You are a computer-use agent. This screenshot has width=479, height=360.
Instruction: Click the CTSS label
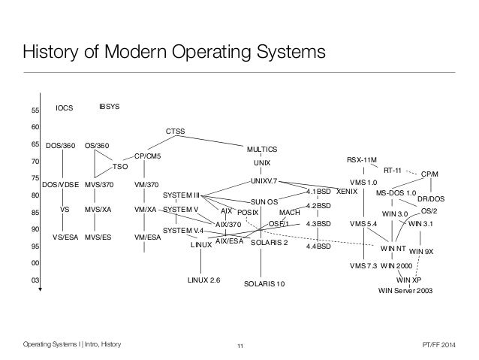coord(175,132)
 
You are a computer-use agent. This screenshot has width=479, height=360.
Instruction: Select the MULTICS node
coord(262,149)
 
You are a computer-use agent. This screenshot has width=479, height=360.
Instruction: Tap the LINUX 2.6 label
coord(203,280)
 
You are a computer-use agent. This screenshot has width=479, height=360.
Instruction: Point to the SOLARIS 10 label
coord(265,284)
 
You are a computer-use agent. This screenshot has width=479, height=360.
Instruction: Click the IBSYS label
coord(110,108)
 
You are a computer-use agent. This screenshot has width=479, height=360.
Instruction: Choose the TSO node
coord(119,166)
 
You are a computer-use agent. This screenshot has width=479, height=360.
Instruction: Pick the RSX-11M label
coord(363,160)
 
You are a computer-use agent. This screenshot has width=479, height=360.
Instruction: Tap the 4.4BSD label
coord(318,246)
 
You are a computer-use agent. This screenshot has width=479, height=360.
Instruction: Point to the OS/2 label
coord(429,211)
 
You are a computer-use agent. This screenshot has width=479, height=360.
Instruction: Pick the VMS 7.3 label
coord(363,265)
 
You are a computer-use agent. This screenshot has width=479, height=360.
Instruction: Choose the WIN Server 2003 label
coord(405,290)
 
